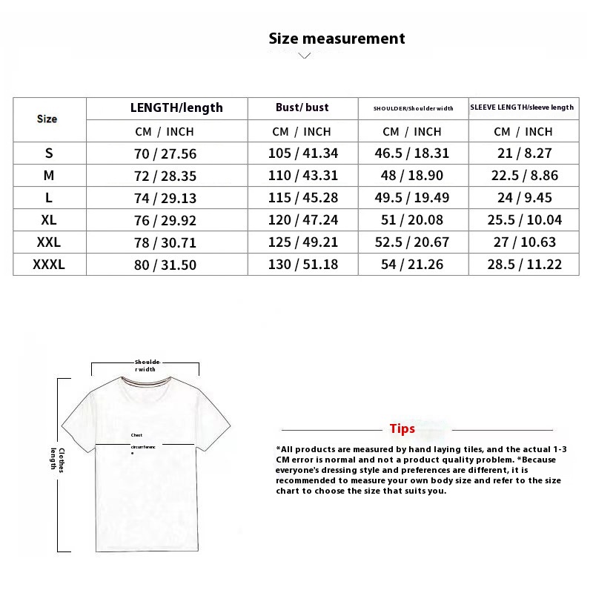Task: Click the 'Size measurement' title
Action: (337, 39)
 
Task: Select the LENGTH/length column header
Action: (176, 107)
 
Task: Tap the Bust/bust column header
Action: (302, 107)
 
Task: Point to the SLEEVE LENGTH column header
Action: (522, 107)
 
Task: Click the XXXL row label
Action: (49, 264)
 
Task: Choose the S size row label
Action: (49, 153)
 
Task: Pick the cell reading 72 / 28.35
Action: (165, 176)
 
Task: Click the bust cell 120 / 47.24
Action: (302, 220)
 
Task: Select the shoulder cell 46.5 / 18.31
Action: (414, 153)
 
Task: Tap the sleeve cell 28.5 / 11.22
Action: (523, 264)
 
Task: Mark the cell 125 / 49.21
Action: (302, 242)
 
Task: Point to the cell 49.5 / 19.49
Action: (414, 198)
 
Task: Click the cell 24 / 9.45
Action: (523, 198)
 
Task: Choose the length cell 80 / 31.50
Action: (165, 265)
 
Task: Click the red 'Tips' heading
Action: (402, 429)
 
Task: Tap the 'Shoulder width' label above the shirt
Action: (145, 365)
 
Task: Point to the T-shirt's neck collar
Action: (146, 382)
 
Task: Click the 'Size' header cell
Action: (47, 119)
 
